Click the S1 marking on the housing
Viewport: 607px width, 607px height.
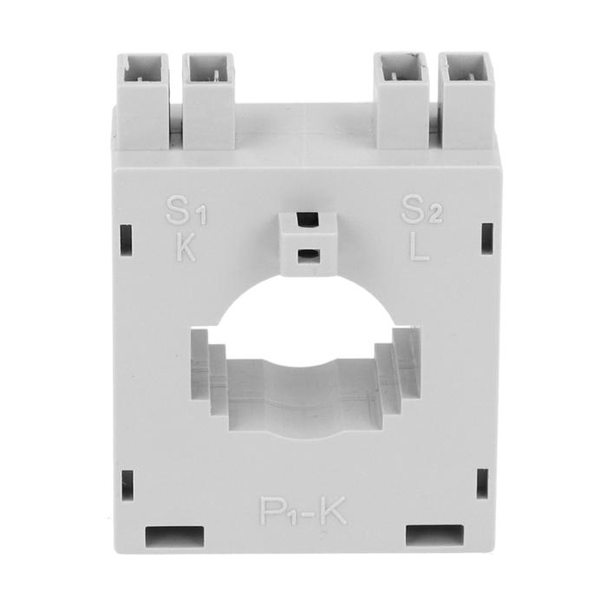(186, 210)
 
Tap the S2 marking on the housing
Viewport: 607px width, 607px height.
(421, 210)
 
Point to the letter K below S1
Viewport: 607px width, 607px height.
(186, 246)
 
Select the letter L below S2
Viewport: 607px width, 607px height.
(419, 245)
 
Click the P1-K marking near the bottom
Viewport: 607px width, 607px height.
(303, 511)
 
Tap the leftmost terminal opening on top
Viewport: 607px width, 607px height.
(143, 68)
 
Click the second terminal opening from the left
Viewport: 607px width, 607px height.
(208, 69)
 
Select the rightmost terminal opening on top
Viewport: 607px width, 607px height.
(466, 69)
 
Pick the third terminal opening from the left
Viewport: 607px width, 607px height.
(401, 69)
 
